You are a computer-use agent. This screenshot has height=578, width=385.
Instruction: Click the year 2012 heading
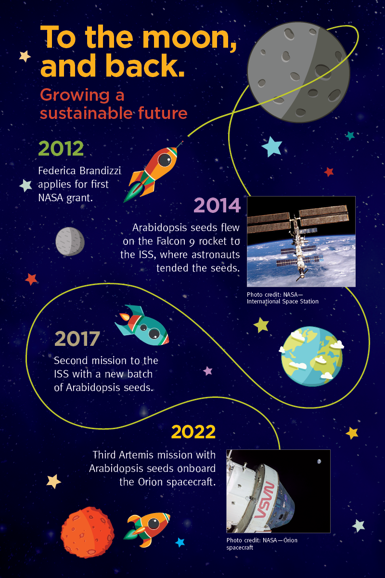[x=61, y=148]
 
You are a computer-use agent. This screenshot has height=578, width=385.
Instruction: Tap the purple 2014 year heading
[x=217, y=205]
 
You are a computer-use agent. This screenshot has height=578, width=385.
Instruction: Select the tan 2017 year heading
[x=77, y=339]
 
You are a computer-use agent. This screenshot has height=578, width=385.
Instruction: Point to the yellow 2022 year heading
[x=193, y=432]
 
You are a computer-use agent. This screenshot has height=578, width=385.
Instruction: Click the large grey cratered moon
[x=298, y=72]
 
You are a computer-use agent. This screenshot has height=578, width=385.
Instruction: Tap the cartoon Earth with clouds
[x=311, y=356]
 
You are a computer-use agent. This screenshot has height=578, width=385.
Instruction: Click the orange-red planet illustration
[x=88, y=532]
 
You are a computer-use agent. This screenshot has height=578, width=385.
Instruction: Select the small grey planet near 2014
[x=70, y=241]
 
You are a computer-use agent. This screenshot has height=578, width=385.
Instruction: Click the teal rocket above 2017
[x=142, y=325]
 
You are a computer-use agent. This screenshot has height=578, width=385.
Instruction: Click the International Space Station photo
[x=301, y=241]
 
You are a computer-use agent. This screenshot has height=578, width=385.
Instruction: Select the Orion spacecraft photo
[x=278, y=491]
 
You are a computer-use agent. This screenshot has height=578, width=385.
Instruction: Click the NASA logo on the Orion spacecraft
[x=264, y=500]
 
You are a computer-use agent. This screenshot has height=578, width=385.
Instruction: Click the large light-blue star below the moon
[x=272, y=146]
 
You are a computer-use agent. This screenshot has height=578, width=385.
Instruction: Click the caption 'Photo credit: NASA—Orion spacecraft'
[x=262, y=544]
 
